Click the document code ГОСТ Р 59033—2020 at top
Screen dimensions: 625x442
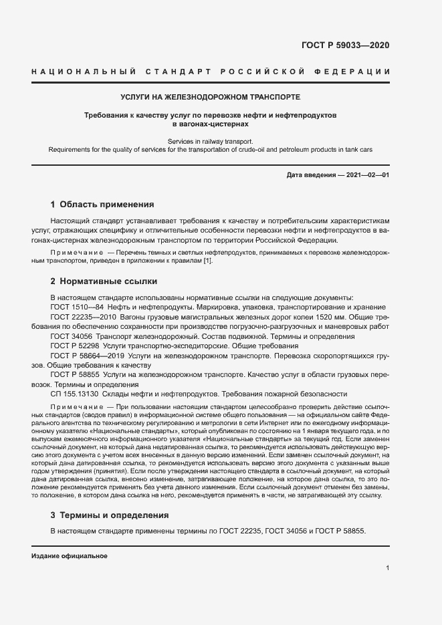[345, 45]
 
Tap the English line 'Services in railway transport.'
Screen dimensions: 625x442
[211, 142]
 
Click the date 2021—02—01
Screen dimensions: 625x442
[367, 175]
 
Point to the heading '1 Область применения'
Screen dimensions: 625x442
[102, 205]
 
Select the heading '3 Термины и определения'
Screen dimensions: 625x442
[110, 515]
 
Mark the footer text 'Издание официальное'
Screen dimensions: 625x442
[70, 556]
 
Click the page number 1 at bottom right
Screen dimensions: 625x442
[387, 568]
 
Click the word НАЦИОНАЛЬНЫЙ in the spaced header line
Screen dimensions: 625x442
[82, 72]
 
